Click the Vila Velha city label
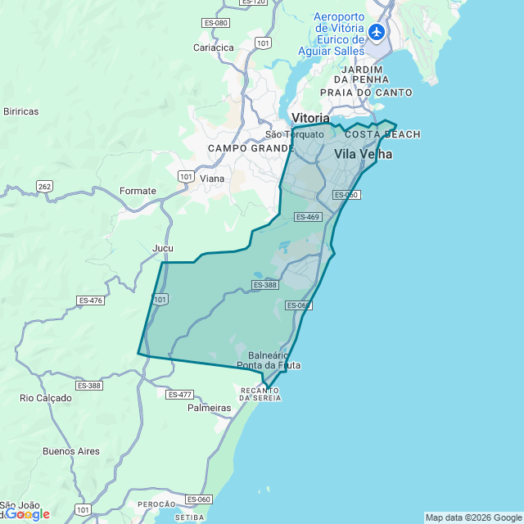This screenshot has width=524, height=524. tap(363, 154)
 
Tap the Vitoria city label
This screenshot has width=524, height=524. tap(310, 118)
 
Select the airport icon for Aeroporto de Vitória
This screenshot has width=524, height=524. tap(376, 33)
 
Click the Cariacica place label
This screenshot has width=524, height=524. tap(214, 47)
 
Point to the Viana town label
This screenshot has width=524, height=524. tap(212, 178)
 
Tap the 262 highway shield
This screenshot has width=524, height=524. tap(44, 187)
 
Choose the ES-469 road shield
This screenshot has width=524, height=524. tap(307, 217)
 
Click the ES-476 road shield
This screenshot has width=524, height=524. tap(90, 300)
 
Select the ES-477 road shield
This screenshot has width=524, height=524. tap(179, 395)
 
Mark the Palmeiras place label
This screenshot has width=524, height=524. tap(210, 407)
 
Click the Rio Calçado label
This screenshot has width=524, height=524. tap(46, 398)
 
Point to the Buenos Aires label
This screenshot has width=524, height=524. tap(71, 451)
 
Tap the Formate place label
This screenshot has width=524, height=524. tap(138, 191)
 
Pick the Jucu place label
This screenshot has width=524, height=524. tap(163, 247)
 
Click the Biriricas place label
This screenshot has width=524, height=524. tap(21, 111)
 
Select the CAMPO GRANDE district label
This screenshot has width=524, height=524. tap(251, 148)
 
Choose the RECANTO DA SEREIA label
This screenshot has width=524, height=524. tap(260, 395)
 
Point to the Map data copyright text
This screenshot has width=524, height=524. tap(472, 517)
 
